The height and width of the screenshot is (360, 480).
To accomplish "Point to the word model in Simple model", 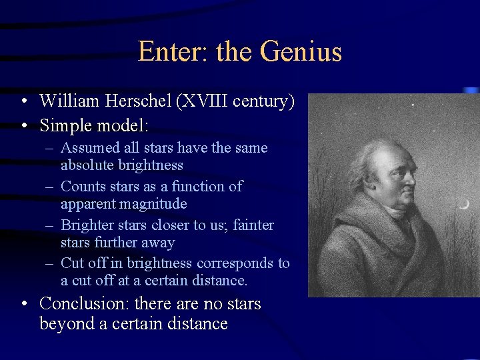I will [x=123, y=125].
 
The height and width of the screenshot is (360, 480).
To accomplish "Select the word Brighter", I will [x=87, y=225].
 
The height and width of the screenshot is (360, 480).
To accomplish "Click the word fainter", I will [x=251, y=225].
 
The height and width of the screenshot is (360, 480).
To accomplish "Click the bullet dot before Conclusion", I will [x=25, y=305].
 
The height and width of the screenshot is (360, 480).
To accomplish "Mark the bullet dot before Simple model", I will [x=25, y=125].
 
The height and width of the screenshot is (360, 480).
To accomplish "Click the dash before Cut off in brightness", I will [x=51, y=263].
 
